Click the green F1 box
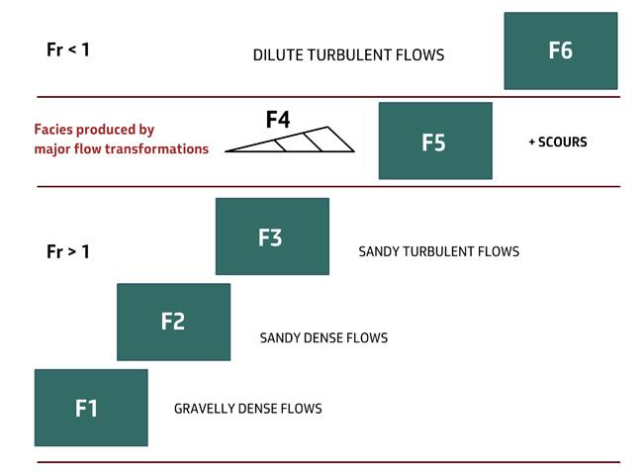pos(91,408)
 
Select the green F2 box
pos(173,322)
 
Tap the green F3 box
pos(272,237)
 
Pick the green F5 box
pos(435,141)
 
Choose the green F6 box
pos(560,50)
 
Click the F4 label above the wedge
pos(278,121)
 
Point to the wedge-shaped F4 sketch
pos(297,142)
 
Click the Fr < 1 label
pos(68,49)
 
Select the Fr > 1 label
pos(68,251)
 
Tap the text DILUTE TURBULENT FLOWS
pos(348,55)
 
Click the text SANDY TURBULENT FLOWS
pos(438,251)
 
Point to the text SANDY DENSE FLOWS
pos(323,338)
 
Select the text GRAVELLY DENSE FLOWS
pos(247,409)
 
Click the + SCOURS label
pos(558,142)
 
